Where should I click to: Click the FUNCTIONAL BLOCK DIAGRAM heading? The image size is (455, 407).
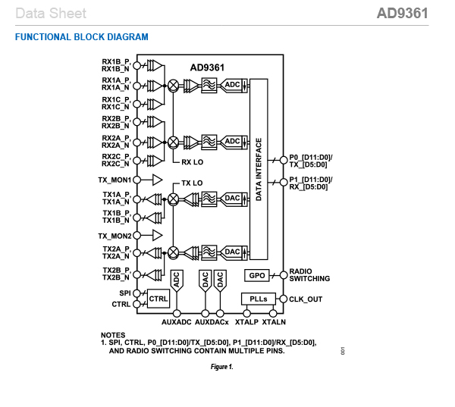point(82,37)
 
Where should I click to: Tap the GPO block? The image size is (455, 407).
point(257,275)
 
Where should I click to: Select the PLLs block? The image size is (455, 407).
point(259,299)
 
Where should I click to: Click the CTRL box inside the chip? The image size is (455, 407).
point(158,299)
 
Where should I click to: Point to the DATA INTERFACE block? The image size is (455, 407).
point(259,169)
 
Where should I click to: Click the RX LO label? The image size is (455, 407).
point(192,162)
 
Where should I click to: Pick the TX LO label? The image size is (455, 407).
point(192,183)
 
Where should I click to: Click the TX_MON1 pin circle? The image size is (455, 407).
point(136,180)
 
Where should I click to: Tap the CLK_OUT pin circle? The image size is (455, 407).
point(283,299)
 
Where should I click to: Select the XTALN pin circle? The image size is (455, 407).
point(273,313)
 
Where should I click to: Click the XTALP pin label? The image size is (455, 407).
point(246,322)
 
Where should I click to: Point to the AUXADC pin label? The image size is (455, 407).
point(177,322)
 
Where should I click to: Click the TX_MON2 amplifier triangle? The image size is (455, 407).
point(157,235)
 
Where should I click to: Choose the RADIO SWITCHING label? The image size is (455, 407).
point(309,274)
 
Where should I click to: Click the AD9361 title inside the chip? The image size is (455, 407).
point(207,67)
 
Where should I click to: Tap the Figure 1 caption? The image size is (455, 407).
point(221,367)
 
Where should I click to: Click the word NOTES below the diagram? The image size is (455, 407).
point(113,335)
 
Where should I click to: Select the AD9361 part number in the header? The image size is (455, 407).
point(403,14)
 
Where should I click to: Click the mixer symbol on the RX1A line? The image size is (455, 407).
point(173,86)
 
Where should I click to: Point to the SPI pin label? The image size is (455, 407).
point(125,293)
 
